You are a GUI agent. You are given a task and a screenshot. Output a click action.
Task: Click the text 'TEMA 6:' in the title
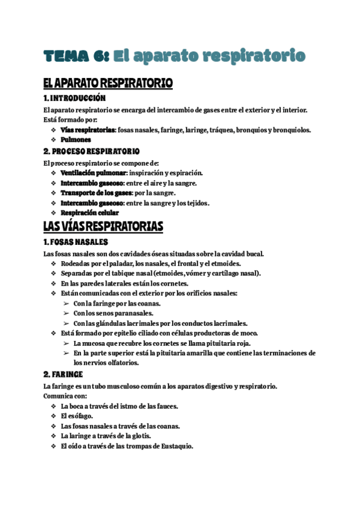click(75, 56)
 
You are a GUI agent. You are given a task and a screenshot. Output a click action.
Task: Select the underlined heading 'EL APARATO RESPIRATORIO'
click(108, 83)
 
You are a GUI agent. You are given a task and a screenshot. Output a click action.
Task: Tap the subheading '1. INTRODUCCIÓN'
click(74, 98)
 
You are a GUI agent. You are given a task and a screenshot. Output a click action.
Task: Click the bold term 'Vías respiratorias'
click(88, 130)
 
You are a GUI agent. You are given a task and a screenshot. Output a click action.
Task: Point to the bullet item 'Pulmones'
click(76, 140)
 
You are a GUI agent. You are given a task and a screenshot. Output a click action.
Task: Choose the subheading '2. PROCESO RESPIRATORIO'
click(92, 151)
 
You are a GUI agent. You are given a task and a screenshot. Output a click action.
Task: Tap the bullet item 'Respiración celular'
click(90, 212)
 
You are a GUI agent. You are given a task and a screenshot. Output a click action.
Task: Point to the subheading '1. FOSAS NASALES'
click(76, 242)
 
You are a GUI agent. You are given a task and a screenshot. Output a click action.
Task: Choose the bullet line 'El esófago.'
click(77, 416)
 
